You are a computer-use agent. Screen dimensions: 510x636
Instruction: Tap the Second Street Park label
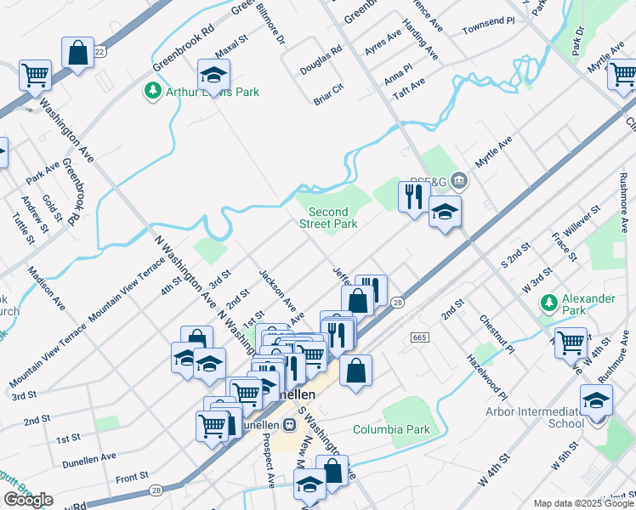click(327, 218)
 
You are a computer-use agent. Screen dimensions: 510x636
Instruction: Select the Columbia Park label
click(391, 429)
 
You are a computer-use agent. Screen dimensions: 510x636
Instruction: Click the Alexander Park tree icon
click(549, 302)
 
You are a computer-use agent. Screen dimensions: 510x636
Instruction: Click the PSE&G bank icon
click(459, 179)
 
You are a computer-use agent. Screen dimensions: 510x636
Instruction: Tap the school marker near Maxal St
click(214, 73)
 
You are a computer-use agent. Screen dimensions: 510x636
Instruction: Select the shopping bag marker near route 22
click(77, 53)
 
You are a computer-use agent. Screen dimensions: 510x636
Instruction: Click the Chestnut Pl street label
click(497, 335)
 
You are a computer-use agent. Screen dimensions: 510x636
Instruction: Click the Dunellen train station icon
click(290, 424)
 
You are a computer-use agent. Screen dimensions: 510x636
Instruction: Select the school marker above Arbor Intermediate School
click(596, 399)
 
